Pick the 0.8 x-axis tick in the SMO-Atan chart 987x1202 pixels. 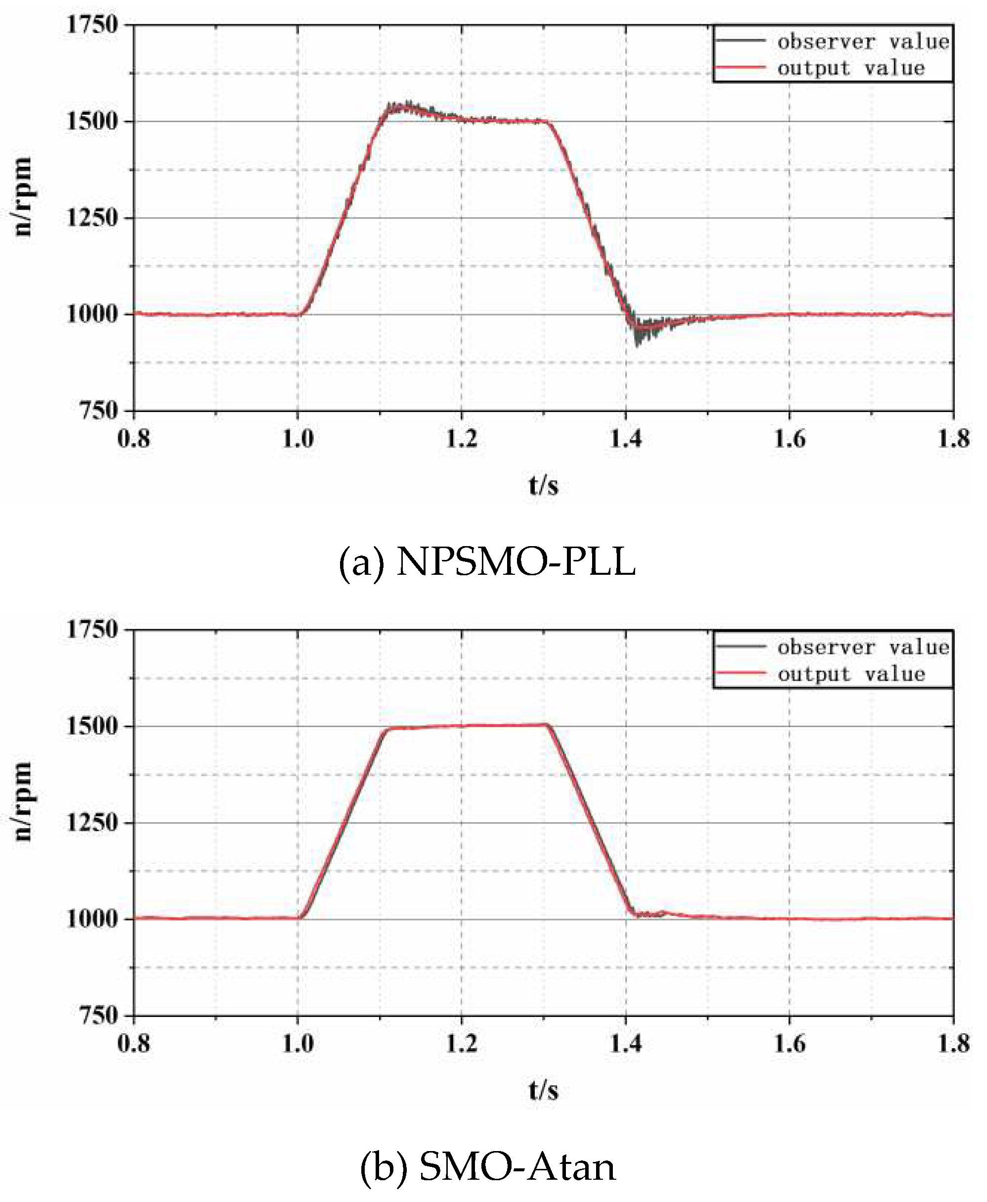tap(133, 1044)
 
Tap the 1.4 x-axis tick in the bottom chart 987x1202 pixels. tap(625, 1044)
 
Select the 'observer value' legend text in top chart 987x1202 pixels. tap(863, 42)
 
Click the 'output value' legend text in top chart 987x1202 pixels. tap(851, 68)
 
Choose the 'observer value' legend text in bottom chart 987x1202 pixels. tap(863, 647)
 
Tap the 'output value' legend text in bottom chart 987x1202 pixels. tap(851, 674)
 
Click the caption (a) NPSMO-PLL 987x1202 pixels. tap(487, 562)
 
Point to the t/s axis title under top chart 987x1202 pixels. tap(543, 485)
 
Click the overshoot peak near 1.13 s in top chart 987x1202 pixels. tap(406, 105)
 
